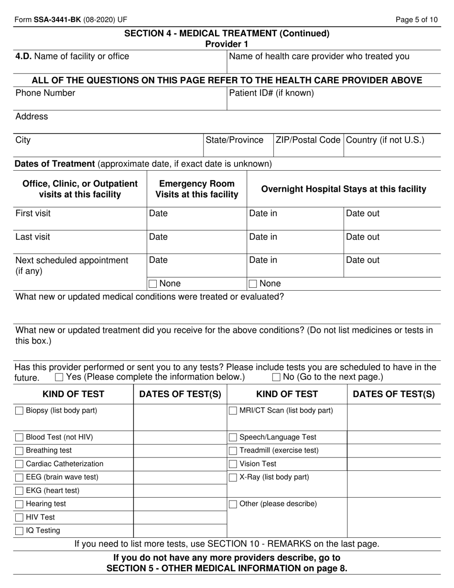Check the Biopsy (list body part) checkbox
coord(19,411)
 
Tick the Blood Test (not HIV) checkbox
coord(19,437)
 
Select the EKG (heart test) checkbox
coord(19,490)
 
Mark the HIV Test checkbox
coord(19,517)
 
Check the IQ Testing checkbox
coord(19,531)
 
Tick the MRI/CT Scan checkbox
coord(233,411)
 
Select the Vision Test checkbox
coord(233,464)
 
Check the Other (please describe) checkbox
coord(233,504)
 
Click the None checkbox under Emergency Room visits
coord(152,284)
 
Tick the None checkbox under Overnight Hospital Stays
coord(253,284)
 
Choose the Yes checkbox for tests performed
coord(59,377)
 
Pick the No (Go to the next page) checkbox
coord(276,377)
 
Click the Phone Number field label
coord(45,93)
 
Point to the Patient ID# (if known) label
coord(271,93)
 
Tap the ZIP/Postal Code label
coord(308,140)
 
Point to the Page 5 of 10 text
coord(417,20)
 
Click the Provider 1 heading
coord(227,44)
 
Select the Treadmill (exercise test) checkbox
coord(233,450)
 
